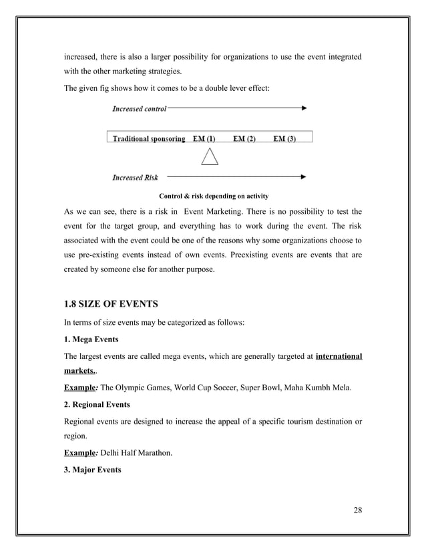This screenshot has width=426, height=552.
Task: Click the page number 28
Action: click(357, 512)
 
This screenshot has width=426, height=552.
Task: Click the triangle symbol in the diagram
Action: click(210, 158)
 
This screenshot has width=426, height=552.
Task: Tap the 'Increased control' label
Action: click(139, 108)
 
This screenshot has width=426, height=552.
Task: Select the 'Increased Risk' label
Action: click(136, 178)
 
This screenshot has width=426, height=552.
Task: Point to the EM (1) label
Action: click(204, 139)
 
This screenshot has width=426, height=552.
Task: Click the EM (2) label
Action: click(244, 139)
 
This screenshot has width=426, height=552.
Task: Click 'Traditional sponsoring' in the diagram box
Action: click(149, 139)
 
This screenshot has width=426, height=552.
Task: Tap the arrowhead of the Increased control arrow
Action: click(304, 108)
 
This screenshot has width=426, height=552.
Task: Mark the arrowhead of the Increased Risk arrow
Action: click(304, 177)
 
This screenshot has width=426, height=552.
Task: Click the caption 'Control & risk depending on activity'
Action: click(213, 196)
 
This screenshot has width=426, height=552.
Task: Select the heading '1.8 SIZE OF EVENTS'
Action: click(111, 305)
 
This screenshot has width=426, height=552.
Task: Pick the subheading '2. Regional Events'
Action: click(97, 405)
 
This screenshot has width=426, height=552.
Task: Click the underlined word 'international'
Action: click(339, 357)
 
